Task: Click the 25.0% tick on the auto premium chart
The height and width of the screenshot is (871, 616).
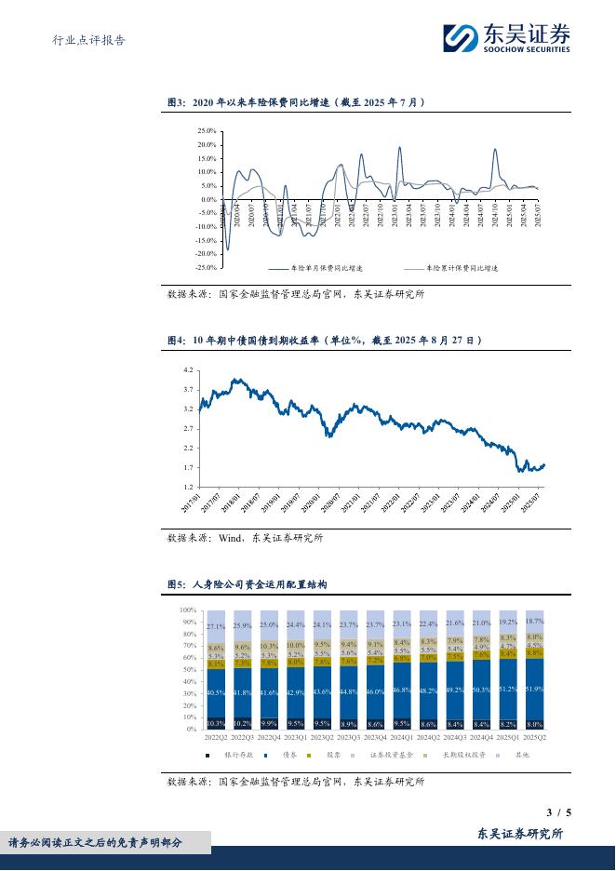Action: click(x=207, y=131)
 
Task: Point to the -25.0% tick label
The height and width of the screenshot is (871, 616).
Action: click(x=206, y=267)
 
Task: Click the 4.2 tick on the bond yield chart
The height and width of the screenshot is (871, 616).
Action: click(x=188, y=370)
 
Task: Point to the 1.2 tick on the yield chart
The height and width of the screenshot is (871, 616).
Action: click(x=188, y=487)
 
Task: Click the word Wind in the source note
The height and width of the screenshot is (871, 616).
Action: click(x=230, y=538)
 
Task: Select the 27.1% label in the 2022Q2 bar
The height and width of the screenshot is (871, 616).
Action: click(x=215, y=627)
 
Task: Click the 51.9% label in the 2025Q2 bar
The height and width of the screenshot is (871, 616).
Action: click(x=535, y=689)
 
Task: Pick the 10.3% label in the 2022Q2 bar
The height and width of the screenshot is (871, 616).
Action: click(x=215, y=723)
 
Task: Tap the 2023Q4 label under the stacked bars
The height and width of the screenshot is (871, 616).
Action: click(x=375, y=736)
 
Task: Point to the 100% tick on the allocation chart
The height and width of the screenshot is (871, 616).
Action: click(x=187, y=609)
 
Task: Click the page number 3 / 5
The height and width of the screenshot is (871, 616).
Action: click(x=558, y=812)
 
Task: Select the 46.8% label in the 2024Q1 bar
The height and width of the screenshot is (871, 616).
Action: click(x=402, y=690)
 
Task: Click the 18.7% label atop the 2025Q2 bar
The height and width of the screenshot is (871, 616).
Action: click(x=535, y=621)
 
